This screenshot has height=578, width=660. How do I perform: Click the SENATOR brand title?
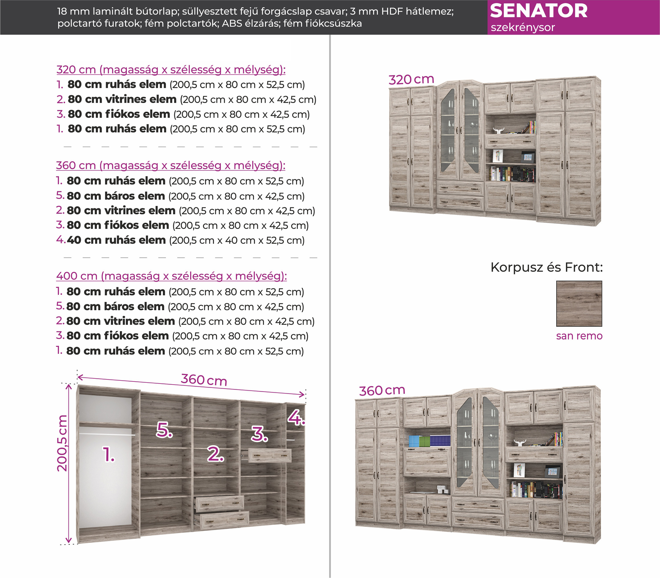coord(539,11)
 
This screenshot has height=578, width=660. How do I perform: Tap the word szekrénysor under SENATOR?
coord(523,28)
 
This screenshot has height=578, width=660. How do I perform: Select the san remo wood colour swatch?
coord(579,303)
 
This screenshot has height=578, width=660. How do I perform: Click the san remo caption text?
coord(579,336)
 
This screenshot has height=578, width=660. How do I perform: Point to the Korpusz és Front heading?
coord(546,267)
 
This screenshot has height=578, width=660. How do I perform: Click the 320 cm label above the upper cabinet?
coord(411,79)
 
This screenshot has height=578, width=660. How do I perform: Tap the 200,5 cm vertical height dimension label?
coord(62,444)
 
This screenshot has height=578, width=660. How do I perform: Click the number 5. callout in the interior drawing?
coord(164,430)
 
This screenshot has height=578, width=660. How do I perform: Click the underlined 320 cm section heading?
coord(171,70)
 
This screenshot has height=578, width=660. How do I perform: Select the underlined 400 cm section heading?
coord(171,276)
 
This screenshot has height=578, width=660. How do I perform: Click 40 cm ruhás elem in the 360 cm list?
coord(116,240)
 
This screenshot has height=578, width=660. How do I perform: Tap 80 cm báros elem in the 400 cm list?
coord(115,307)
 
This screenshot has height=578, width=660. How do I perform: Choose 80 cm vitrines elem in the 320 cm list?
coord(122,99)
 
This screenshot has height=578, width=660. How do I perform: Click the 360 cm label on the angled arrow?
coord(204,380)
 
